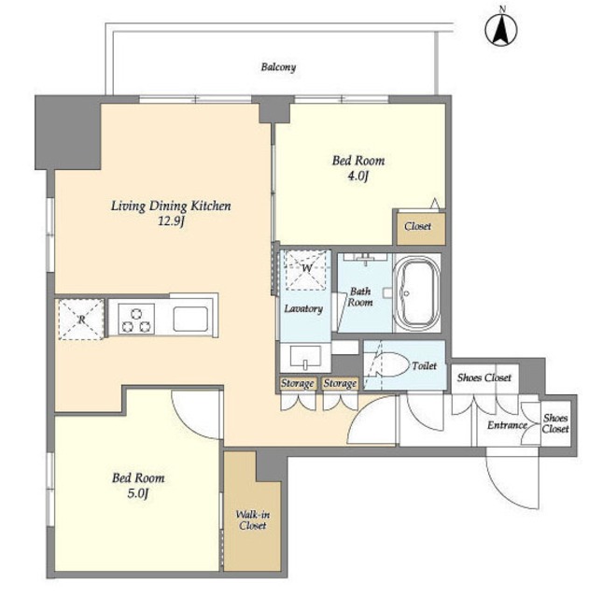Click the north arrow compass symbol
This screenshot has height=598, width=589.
coord(501,29)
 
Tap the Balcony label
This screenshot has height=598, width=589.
coord(278,67)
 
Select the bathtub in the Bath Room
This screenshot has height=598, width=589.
coord(417,292)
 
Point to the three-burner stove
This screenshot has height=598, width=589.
coord(136,319)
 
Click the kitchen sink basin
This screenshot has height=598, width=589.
coord(190,319)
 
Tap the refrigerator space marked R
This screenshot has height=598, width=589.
coord(81,320)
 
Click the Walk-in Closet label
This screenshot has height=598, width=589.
coord(253,520)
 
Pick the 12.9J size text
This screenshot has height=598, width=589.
coord(171,221)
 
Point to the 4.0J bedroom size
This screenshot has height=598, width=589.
coord(358,176)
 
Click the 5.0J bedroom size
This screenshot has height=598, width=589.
coord(137,493)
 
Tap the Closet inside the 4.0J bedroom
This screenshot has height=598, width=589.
coord(417,226)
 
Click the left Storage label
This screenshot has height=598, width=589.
coord(297,383)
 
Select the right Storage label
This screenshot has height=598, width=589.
coord(340,383)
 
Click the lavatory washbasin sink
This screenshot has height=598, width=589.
coord(305,357)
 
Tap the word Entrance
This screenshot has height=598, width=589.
coord(507,425)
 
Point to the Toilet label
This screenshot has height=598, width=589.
coord(424,365)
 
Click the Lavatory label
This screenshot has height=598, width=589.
coord(303,308)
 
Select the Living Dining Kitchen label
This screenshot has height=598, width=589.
coord(171,206)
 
